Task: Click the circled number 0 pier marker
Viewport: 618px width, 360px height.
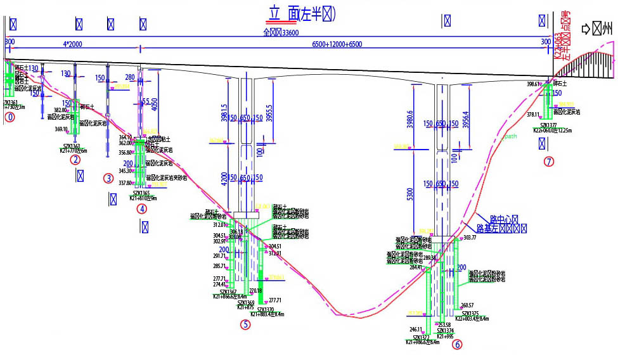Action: pos(9,117)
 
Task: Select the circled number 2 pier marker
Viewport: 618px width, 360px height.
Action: pos(75,160)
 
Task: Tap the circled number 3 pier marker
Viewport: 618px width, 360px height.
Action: pos(108,178)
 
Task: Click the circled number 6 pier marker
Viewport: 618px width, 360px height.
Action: pos(456,345)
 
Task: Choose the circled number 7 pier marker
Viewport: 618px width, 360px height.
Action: pos(549,161)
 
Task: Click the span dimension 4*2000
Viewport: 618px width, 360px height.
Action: pos(73,44)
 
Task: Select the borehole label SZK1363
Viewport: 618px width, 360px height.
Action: pos(67,146)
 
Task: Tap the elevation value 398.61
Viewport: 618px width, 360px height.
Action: pos(533,84)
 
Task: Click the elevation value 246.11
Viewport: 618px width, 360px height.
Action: pos(415,330)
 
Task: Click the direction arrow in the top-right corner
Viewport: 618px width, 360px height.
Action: pos(586,29)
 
